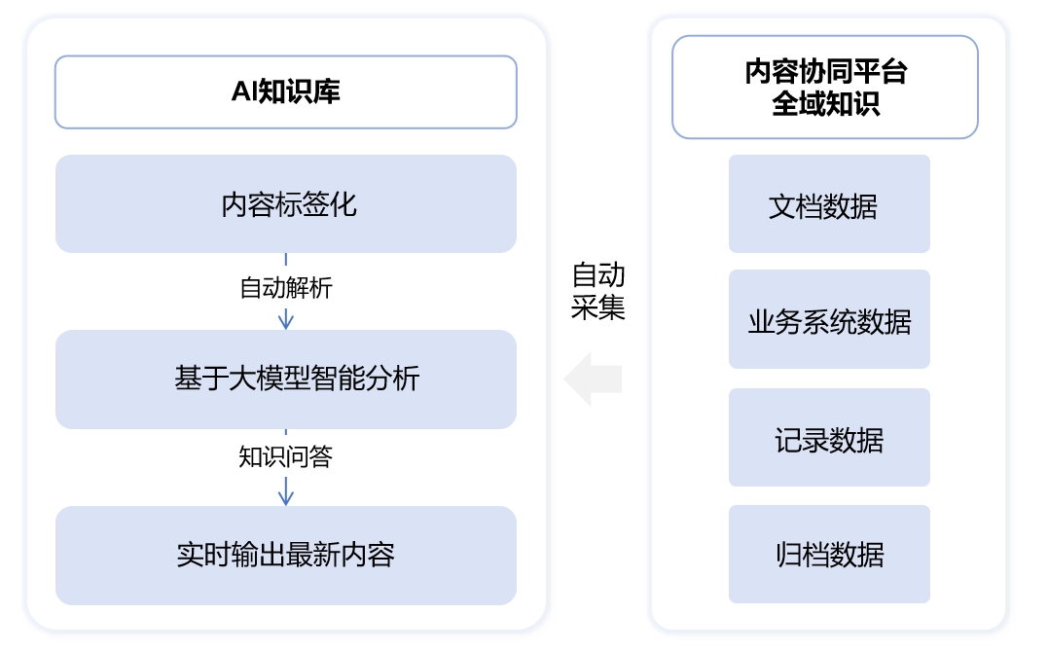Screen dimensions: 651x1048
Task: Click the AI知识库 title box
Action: [x=285, y=92]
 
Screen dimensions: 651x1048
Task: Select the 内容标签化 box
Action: [x=285, y=204]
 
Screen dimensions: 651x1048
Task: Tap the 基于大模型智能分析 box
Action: [x=285, y=379]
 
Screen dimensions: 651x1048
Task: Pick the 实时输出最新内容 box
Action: [x=285, y=555]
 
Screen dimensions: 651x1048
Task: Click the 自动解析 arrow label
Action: [x=285, y=288]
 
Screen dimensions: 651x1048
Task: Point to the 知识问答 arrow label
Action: [x=285, y=456]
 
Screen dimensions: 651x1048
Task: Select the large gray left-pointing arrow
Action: [x=593, y=379]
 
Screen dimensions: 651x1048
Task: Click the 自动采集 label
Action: [x=597, y=291]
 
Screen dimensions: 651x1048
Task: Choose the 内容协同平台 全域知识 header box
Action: [x=824, y=88]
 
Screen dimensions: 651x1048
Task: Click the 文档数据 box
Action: [x=829, y=204]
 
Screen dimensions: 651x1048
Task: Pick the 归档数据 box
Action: [x=829, y=554]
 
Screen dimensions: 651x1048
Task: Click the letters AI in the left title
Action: [x=242, y=92]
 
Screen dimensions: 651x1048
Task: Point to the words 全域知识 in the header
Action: [x=825, y=104]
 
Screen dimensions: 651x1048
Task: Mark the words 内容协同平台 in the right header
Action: [x=825, y=72]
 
